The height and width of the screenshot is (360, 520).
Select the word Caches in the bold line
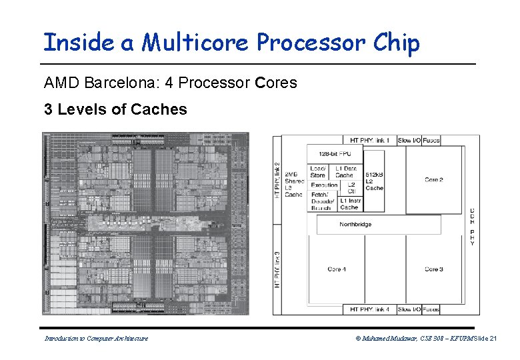159,109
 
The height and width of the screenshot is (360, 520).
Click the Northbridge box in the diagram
355,225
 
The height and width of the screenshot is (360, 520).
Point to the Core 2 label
434,180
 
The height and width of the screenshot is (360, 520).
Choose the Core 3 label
434,269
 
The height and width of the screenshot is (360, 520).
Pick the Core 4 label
337,269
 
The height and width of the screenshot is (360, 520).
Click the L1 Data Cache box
345,171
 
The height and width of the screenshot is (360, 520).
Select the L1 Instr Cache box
350,203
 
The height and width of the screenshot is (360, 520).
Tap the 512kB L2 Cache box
375,179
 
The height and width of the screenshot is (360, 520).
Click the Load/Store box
318,171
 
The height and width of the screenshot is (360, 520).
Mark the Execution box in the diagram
324,185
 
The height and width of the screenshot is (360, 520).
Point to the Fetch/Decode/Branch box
321,201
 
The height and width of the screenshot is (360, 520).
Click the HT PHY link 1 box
370,141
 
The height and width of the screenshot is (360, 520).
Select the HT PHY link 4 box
370,309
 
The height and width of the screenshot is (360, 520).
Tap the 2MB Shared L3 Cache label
294,185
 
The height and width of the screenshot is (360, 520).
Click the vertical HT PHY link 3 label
277,269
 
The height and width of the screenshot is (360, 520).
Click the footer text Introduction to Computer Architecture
96,339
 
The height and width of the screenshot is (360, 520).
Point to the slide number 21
493,339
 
